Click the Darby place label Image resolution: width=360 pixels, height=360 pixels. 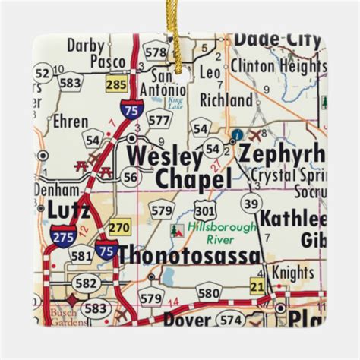86,46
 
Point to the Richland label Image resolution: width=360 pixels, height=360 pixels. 226,100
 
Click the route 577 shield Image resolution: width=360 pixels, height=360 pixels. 158,118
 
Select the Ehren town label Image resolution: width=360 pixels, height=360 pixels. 71,121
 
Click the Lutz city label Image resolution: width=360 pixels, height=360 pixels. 68,208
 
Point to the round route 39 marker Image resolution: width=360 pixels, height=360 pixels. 251,202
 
